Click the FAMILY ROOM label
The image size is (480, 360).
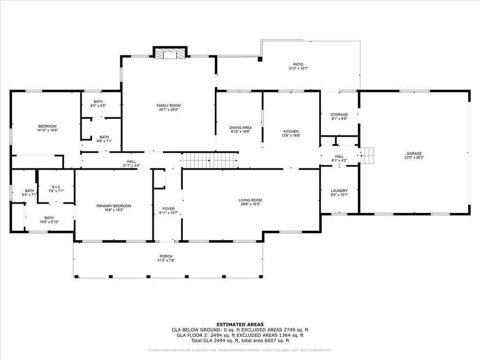point(168,105)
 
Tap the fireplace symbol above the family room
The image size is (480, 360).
point(170,54)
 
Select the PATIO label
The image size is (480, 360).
point(298,64)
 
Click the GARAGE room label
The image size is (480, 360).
point(414,153)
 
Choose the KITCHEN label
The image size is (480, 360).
point(291,131)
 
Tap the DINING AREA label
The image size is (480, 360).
point(240,127)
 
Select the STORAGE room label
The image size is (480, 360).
point(339,114)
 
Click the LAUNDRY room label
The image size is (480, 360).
point(339,191)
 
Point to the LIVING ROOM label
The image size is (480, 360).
point(250,200)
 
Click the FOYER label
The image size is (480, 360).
point(168,209)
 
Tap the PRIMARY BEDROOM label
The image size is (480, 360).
point(113,206)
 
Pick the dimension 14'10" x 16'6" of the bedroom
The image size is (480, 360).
point(47,130)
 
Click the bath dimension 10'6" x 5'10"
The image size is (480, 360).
point(49,222)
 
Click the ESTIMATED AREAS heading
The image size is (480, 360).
point(240,324)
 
